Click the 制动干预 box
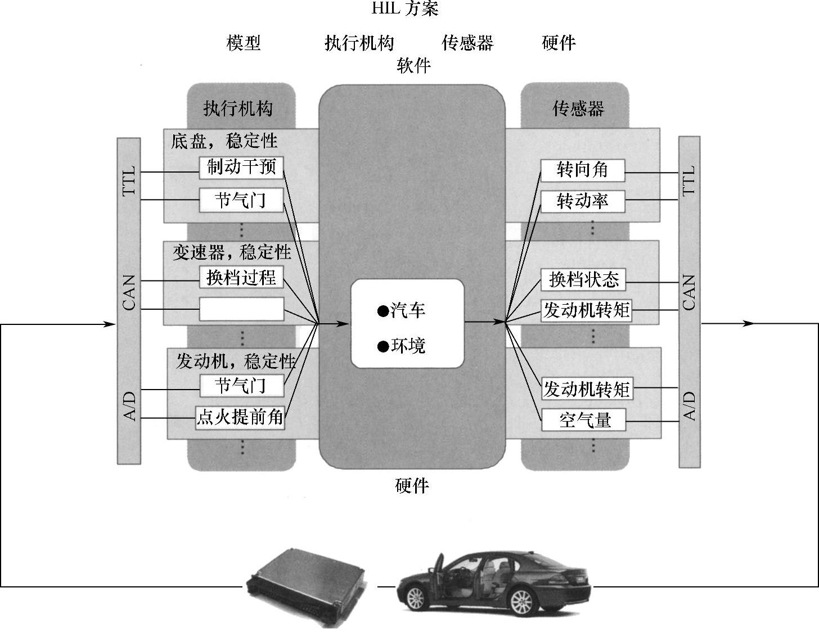(x=241, y=167)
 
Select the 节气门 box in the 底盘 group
(x=241, y=200)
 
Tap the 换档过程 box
(x=241, y=277)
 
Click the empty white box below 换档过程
(x=241, y=309)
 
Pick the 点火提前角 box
(x=240, y=418)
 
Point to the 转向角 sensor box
(x=582, y=170)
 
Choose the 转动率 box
(x=582, y=201)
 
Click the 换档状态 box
(x=583, y=279)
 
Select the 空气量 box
(x=584, y=420)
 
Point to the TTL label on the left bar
(x=129, y=180)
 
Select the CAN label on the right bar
(x=689, y=292)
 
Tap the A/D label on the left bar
(x=129, y=406)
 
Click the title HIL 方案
(x=404, y=9)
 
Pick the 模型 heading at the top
(x=244, y=43)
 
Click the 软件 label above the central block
(x=413, y=66)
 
